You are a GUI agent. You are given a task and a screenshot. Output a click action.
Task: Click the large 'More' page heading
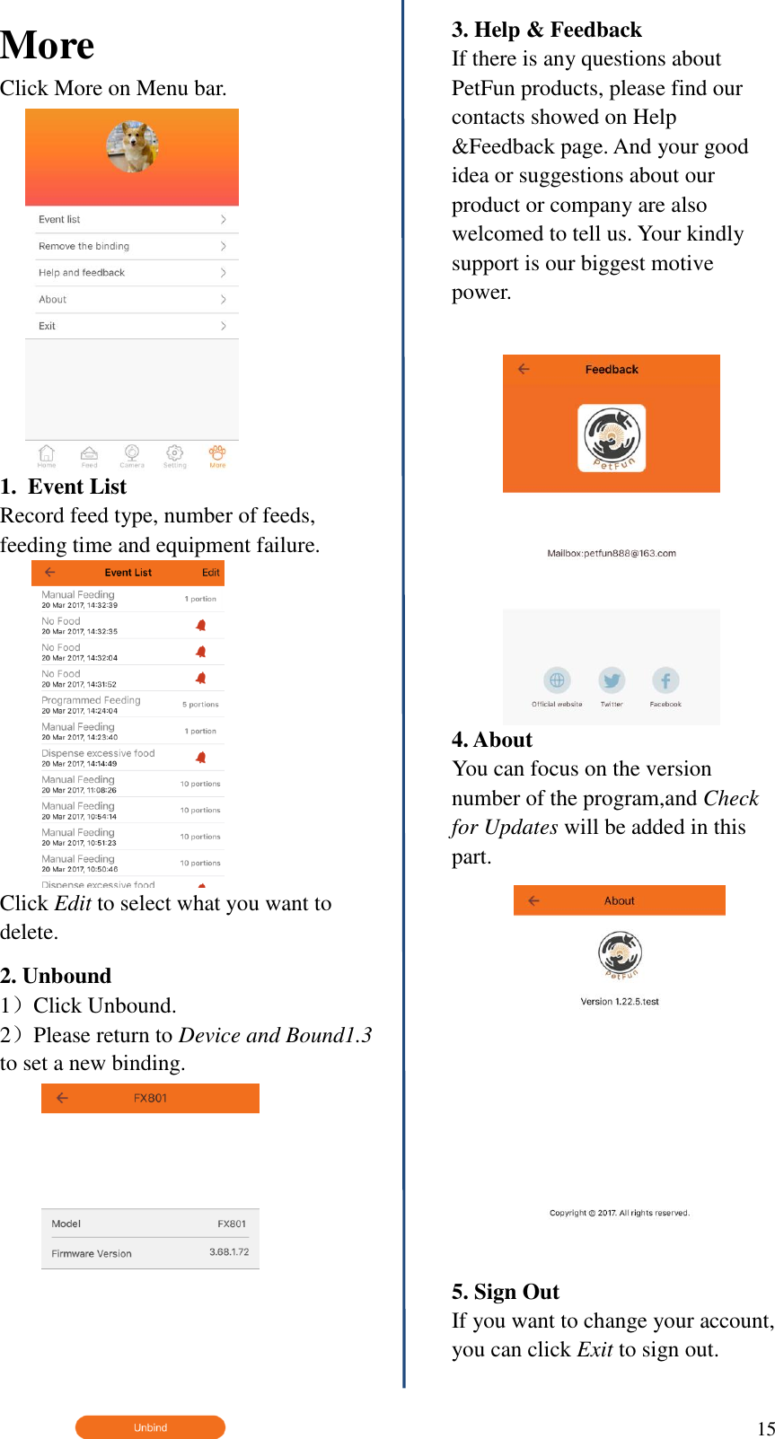click(48, 46)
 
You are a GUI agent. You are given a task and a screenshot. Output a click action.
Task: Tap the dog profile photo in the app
click(132, 146)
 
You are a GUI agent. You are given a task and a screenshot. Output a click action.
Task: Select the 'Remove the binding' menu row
click(131, 246)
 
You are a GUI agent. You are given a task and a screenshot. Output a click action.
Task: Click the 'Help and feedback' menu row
click(131, 273)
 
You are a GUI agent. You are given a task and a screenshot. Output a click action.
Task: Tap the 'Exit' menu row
click(131, 326)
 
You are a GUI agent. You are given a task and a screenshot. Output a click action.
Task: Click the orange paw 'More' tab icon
click(217, 453)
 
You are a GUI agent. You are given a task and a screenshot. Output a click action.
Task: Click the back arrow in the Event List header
click(50, 572)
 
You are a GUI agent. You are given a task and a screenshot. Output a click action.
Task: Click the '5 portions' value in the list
click(200, 705)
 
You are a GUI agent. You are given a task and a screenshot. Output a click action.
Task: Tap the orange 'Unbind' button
click(150, 1426)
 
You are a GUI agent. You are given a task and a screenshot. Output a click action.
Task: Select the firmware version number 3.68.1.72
click(229, 1251)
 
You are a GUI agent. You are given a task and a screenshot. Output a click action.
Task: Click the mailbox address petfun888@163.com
click(612, 553)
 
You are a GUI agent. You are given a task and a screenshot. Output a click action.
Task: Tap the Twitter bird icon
click(612, 680)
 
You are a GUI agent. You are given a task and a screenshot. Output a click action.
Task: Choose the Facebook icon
click(665, 680)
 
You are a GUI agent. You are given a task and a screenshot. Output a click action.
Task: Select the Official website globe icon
click(557, 680)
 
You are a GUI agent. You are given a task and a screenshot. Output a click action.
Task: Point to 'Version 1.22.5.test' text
click(620, 1001)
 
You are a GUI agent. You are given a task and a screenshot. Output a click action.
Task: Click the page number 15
click(765, 1428)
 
